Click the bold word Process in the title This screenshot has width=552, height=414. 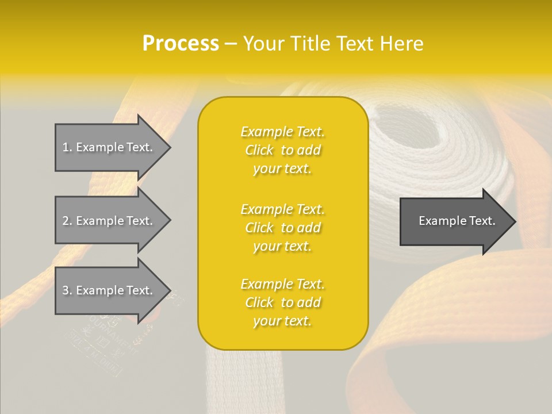click(181, 44)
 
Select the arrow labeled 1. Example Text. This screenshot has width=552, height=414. click(109, 147)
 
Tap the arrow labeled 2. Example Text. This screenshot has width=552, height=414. click(109, 221)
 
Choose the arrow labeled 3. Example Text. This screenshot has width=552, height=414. click(109, 290)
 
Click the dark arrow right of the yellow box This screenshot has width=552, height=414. click(454, 221)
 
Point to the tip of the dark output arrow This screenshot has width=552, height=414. click(515, 221)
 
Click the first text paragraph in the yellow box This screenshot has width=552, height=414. click(282, 150)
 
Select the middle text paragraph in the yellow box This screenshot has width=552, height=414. click(282, 228)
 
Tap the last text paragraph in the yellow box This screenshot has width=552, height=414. click(282, 302)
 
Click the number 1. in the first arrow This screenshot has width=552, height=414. click(67, 147)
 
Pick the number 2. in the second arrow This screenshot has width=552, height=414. click(67, 221)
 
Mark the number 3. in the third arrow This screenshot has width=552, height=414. click(67, 290)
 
